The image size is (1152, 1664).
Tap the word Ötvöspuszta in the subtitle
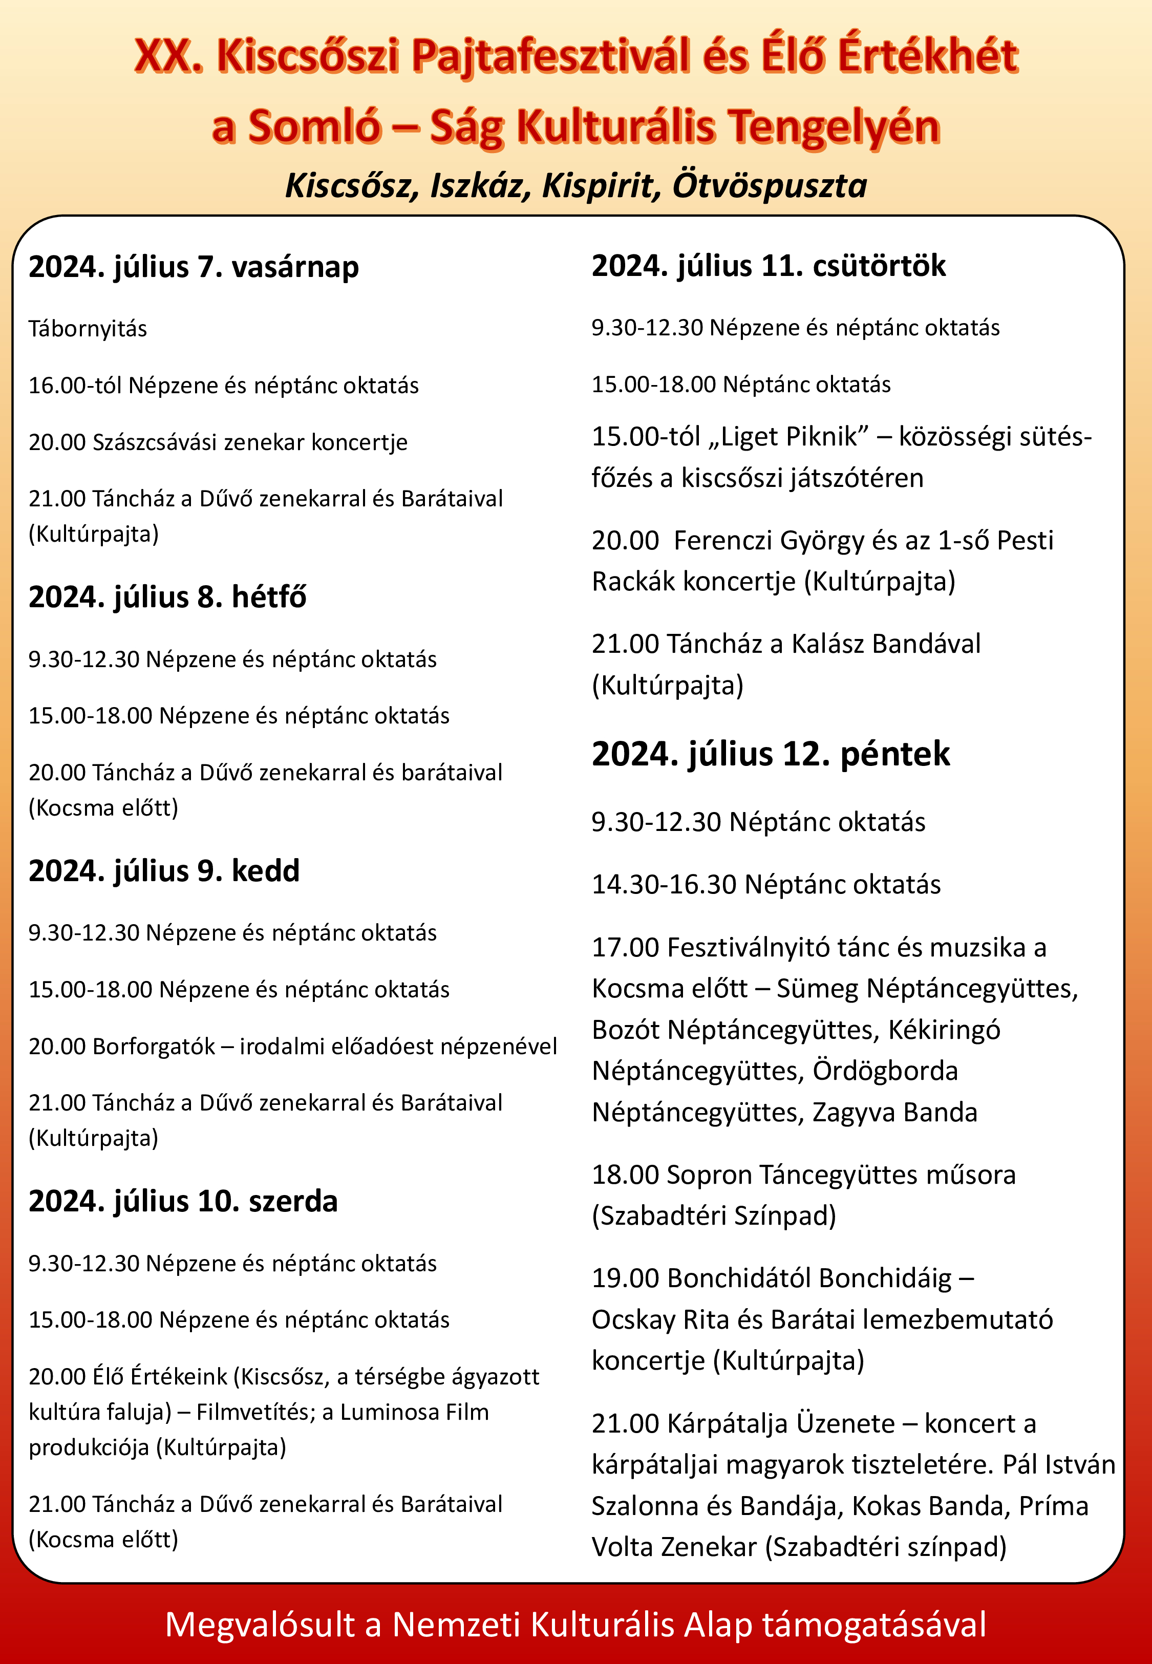point(770,185)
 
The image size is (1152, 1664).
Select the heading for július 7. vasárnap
point(194,267)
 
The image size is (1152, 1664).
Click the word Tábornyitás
point(88,329)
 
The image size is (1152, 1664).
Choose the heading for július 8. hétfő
point(167,597)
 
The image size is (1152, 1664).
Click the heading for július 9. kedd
point(164,870)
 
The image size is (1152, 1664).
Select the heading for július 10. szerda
point(183,1201)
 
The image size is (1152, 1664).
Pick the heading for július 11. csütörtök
point(768,266)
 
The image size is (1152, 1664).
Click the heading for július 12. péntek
point(770,754)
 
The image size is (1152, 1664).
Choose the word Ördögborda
point(885,1071)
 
